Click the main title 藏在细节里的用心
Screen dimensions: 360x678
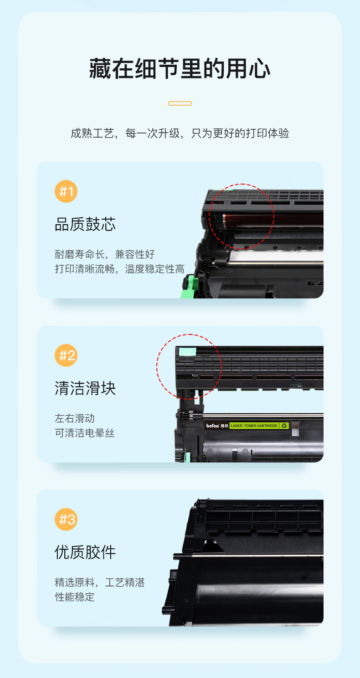coord(180,69)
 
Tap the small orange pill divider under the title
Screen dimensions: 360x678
coord(180,103)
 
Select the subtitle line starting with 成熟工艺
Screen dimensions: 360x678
coord(180,133)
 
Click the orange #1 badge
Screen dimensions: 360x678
coord(66,191)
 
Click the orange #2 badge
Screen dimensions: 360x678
coord(66,355)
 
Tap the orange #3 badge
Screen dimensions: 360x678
coord(66,519)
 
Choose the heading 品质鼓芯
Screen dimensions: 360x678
coord(85,224)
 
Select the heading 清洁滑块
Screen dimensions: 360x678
coord(85,388)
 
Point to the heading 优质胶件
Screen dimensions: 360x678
coord(85,552)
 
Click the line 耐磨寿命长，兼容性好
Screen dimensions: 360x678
coord(105,254)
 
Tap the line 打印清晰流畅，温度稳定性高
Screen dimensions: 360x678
coord(119,269)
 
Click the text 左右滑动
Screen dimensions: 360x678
coord(75,418)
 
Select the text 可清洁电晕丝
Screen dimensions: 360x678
coord(84,433)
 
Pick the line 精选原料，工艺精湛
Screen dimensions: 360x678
coord(100,582)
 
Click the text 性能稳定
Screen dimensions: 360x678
coord(75,597)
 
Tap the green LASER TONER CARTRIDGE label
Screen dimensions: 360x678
coord(259,426)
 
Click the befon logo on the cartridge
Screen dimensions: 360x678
coord(212,426)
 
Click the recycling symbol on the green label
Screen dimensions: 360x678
coord(284,426)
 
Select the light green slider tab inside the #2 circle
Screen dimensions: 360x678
coord(187,352)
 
